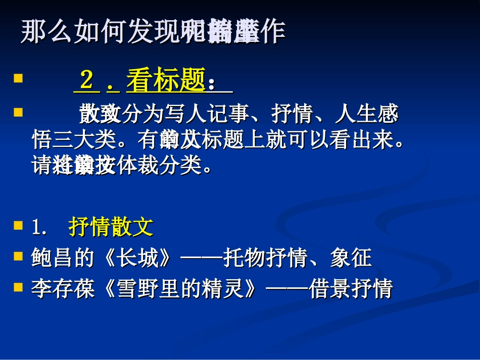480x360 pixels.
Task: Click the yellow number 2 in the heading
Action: (x=87, y=81)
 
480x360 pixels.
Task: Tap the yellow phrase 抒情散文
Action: (x=111, y=228)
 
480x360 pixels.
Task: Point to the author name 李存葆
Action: (x=63, y=289)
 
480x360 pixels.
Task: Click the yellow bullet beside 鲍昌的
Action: (x=19, y=256)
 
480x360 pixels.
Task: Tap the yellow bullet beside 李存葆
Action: (x=19, y=287)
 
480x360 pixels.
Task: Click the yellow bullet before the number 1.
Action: (x=19, y=225)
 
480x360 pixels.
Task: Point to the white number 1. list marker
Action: (x=39, y=228)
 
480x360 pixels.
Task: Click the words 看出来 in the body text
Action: (x=373, y=140)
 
